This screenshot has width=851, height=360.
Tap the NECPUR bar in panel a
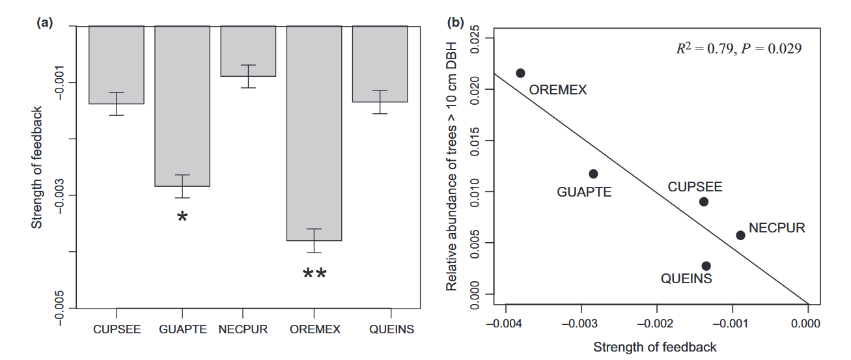[248, 51]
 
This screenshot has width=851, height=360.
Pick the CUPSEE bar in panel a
[116, 65]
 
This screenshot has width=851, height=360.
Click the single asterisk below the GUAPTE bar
[182, 217]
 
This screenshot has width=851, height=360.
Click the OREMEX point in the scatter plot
[520, 73]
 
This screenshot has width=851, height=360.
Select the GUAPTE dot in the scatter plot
[593, 174]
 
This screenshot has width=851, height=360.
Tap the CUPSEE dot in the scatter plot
[704, 202]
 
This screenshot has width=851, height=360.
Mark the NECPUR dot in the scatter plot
[740, 235]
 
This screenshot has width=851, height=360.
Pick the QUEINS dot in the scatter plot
[706, 266]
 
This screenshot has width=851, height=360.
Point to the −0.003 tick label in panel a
[58, 195]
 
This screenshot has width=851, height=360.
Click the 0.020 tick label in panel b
[474, 90]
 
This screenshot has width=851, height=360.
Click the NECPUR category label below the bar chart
[243, 329]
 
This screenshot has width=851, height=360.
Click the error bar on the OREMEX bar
[314, 241]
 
